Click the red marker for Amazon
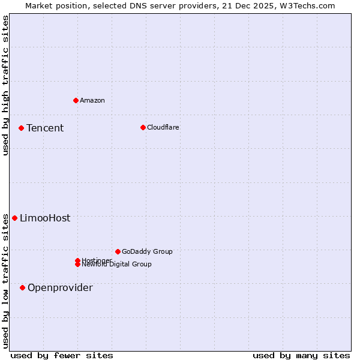(x=76, y=100)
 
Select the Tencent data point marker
(x=21, y=128)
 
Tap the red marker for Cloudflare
(x=143, y=127)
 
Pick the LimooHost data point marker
(x=14, y=218)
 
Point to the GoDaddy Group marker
(x=118, y=251)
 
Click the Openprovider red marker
(x=22, y=287)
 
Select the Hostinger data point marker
(x=77, y=260)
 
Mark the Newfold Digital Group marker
(x=78, y=264)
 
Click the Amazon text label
(x=92, y=100)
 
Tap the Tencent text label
(x=45, y=128)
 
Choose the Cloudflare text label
(x=163, y=127)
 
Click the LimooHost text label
(x=45, y=218)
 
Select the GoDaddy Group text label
(x=147, y=251)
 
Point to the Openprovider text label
(x=60, y=287)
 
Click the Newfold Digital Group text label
(x=117, y=265)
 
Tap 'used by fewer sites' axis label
(x=62, y=355)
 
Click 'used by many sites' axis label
(x=301, y=355)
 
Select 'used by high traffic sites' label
(x=5, y=85)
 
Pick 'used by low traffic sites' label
(x=5, y=280)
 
